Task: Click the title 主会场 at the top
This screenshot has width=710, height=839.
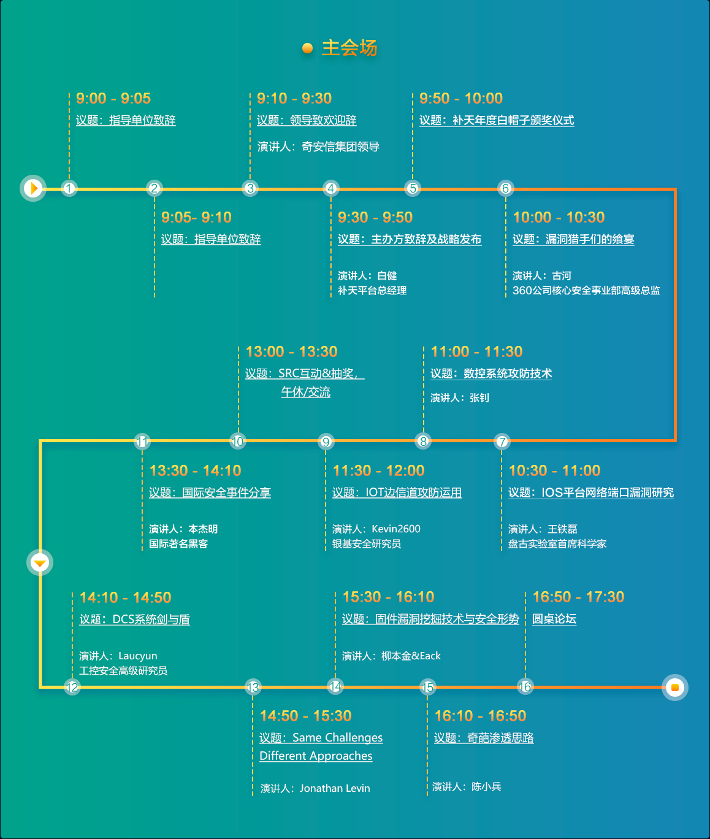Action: point(349,48)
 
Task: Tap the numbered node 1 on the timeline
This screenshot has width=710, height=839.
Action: point(69,188)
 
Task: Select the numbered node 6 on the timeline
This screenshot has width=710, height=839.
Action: point(505,188)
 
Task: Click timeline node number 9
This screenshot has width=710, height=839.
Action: point(326,442)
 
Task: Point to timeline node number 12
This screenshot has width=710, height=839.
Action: point(72,688)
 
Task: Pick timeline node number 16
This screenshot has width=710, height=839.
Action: point(525,687)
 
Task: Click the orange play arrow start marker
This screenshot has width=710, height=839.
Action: point(34,188)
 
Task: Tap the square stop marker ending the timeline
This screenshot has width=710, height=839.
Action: point(675,688)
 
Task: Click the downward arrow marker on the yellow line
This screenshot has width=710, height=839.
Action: point(40,562)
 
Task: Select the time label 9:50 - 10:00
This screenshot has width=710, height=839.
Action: point(461,99)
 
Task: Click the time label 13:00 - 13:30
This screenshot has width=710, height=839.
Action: point(291,352)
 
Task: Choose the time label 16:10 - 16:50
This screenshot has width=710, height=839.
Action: point(480,716)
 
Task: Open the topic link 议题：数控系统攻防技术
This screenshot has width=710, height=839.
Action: point(491,374)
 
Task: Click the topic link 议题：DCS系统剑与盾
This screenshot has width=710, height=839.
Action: point(134,619)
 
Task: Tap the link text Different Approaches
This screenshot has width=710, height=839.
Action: point(316,756)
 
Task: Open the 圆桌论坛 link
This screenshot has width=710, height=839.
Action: point(554,619)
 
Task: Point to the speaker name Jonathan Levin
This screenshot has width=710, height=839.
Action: point(335,789)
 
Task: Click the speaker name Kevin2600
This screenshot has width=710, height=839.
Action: point(396,529)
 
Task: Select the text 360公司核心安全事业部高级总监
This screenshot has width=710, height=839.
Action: point(586,291)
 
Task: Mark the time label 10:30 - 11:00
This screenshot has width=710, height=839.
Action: point(554,471)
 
